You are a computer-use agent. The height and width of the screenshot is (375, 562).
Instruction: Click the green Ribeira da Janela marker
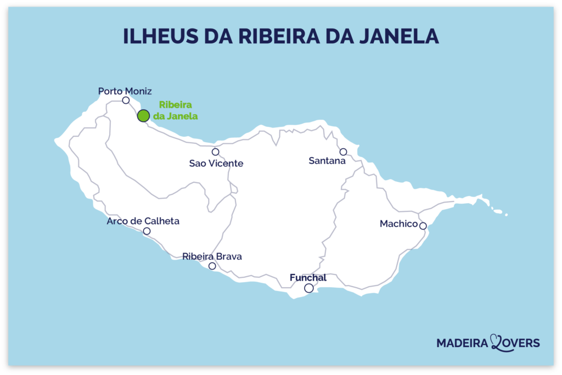tap(143, 115)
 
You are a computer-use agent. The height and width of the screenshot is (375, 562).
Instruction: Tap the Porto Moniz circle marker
tap(126, 100)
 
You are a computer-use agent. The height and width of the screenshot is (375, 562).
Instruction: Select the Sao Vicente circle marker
tap(215, 152)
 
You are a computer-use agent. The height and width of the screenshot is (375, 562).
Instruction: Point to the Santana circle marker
tap(343, 152)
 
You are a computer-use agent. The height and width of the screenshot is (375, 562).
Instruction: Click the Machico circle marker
tap(423, 226)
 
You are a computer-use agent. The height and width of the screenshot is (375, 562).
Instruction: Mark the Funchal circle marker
tap(309, 288)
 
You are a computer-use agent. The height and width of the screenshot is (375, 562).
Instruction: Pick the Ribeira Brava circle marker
tap(212, 266)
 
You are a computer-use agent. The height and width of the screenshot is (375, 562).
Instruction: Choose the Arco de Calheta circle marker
tap(147, 231)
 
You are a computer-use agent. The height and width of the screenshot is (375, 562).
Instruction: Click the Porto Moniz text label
tap(125, 91)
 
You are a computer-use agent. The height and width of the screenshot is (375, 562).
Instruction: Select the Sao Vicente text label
tap(216, 163)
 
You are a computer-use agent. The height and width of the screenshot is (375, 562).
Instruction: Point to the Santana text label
tap(327, 161)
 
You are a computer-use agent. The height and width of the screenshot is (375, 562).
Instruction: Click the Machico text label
tap(399, 223)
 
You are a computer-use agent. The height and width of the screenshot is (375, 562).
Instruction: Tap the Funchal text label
tap(308, 278)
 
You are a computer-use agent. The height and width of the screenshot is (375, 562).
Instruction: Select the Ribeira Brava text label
tap(212, 256)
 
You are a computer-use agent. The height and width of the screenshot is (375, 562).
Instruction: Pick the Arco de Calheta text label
tap(143, 221)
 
